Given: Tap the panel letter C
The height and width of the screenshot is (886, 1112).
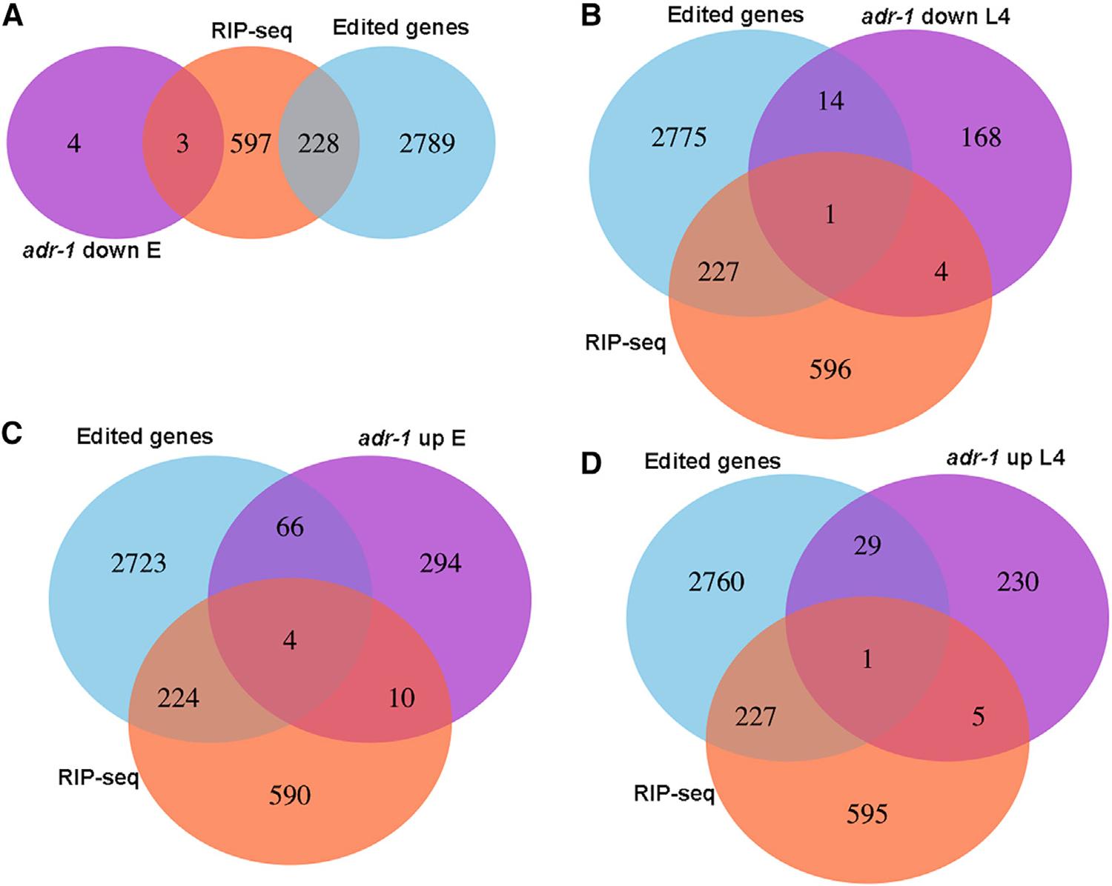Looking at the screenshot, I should [x=13, y=432].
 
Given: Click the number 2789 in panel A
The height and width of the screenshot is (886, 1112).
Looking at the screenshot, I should [x=427, y=143].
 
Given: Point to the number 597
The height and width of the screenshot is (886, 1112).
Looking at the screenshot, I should [x=251, y=143].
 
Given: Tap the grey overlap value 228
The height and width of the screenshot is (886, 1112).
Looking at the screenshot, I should [x=319, y=143].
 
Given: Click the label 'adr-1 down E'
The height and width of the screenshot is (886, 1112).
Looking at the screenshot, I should [x=91, y=250].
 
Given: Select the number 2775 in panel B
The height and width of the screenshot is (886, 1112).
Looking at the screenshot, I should [x=680, y=137].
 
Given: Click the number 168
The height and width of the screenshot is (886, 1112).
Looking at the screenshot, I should [x=982, y=137].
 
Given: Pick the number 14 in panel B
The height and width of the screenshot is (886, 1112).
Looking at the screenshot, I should [x=830, y=101].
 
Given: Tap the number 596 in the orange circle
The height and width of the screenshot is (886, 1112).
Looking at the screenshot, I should [x=830, y=369].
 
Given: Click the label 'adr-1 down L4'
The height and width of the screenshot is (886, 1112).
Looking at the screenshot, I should [x=936, y=16].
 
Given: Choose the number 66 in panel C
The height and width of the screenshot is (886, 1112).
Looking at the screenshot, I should [x=290, y=527].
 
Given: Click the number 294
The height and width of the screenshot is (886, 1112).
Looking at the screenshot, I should [x=440, y=564].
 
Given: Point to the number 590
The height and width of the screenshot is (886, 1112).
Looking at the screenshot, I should [x=290, y=796].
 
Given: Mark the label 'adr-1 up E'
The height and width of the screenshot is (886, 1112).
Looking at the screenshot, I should [x=411, y=438].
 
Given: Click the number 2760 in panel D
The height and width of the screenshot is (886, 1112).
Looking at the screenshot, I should [x=716, y=582].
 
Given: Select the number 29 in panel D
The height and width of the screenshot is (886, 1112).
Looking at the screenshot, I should [x=867, y=546].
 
